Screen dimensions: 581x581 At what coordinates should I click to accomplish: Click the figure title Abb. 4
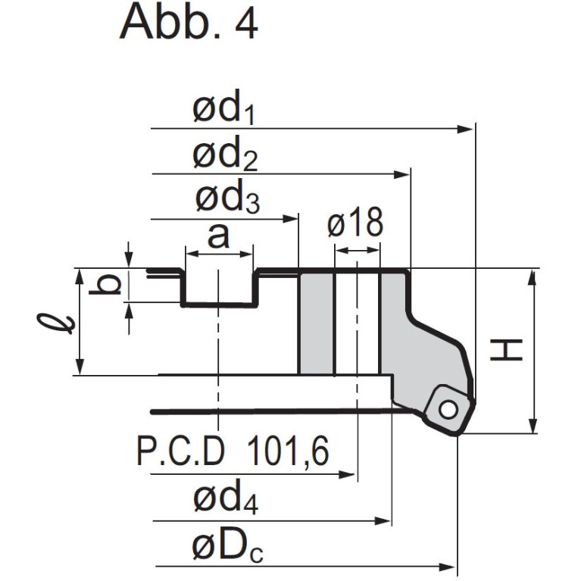pos(189,22)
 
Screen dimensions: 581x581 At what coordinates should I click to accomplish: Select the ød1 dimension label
pos(223,108)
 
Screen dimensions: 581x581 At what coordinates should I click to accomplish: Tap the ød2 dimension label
pos(225,153)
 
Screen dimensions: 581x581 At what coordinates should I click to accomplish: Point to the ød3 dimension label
pos(227,196)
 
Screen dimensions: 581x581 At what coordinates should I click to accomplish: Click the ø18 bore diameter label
pos(355,222)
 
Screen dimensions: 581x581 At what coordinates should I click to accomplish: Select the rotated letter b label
pos(105,284)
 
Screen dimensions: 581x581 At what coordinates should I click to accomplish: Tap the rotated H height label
pos(506,350)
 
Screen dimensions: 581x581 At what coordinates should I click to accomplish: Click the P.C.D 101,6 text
pos(233,451)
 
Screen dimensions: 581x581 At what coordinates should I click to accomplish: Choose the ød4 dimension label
pos(226,496)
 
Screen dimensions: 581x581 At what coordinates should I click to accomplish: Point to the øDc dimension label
pos(228,547)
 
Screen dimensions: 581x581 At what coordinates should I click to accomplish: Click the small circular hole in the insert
pos(448,410)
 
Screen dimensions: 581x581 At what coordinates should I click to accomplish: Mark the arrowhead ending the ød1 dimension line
pos(465,130)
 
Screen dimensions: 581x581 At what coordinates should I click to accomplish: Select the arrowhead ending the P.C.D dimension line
pos(347,475)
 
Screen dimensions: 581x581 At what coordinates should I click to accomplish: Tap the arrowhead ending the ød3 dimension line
pos(291,219)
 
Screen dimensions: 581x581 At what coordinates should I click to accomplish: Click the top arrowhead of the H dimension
pos(533,279)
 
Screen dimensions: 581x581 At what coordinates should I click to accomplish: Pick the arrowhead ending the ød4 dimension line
pos(383,521)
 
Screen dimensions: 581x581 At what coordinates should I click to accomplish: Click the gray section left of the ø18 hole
pos(317,323)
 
